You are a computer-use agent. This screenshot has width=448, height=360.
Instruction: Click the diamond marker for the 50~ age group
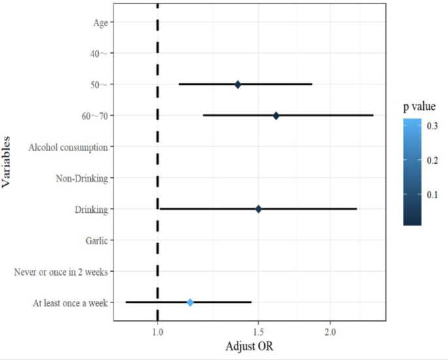(x=237, y=84)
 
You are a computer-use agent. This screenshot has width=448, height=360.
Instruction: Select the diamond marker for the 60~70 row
(x=276, y=116)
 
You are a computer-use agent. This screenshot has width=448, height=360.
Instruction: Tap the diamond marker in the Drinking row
(x=258, y=209)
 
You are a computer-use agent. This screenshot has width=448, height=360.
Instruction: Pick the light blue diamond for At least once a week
(x=190, y=303)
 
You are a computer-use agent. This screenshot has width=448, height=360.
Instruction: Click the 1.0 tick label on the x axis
(x=158, y=332)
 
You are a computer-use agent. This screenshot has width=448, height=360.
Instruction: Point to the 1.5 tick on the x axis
(x=258, y=332)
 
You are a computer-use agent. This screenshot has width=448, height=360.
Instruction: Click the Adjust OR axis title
(x=249, y=346)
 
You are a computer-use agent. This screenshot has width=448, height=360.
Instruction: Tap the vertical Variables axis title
(x=7, y=162)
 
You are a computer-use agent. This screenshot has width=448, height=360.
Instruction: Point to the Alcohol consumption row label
(x=68, y=147)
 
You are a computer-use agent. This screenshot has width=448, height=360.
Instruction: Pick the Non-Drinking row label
(x=82, y=178)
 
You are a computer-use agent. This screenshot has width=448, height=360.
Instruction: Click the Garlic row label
(x=96, y=240)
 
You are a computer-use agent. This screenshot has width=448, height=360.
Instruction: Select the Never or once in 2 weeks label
(x=61, y=272)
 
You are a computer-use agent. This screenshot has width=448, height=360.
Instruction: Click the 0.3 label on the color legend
(x=432, y=126)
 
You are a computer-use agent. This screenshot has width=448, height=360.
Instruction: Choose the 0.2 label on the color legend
(x=432, y=160)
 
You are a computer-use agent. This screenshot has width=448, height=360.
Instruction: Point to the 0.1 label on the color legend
(x=432, y=194)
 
